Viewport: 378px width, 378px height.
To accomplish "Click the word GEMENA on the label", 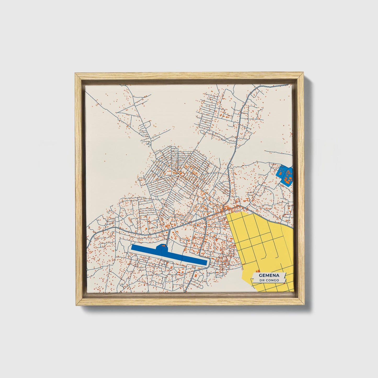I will pyautogui.click(x=269, y=275).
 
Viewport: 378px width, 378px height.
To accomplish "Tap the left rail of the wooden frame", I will pyautogui.click(x=79, y=188).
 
